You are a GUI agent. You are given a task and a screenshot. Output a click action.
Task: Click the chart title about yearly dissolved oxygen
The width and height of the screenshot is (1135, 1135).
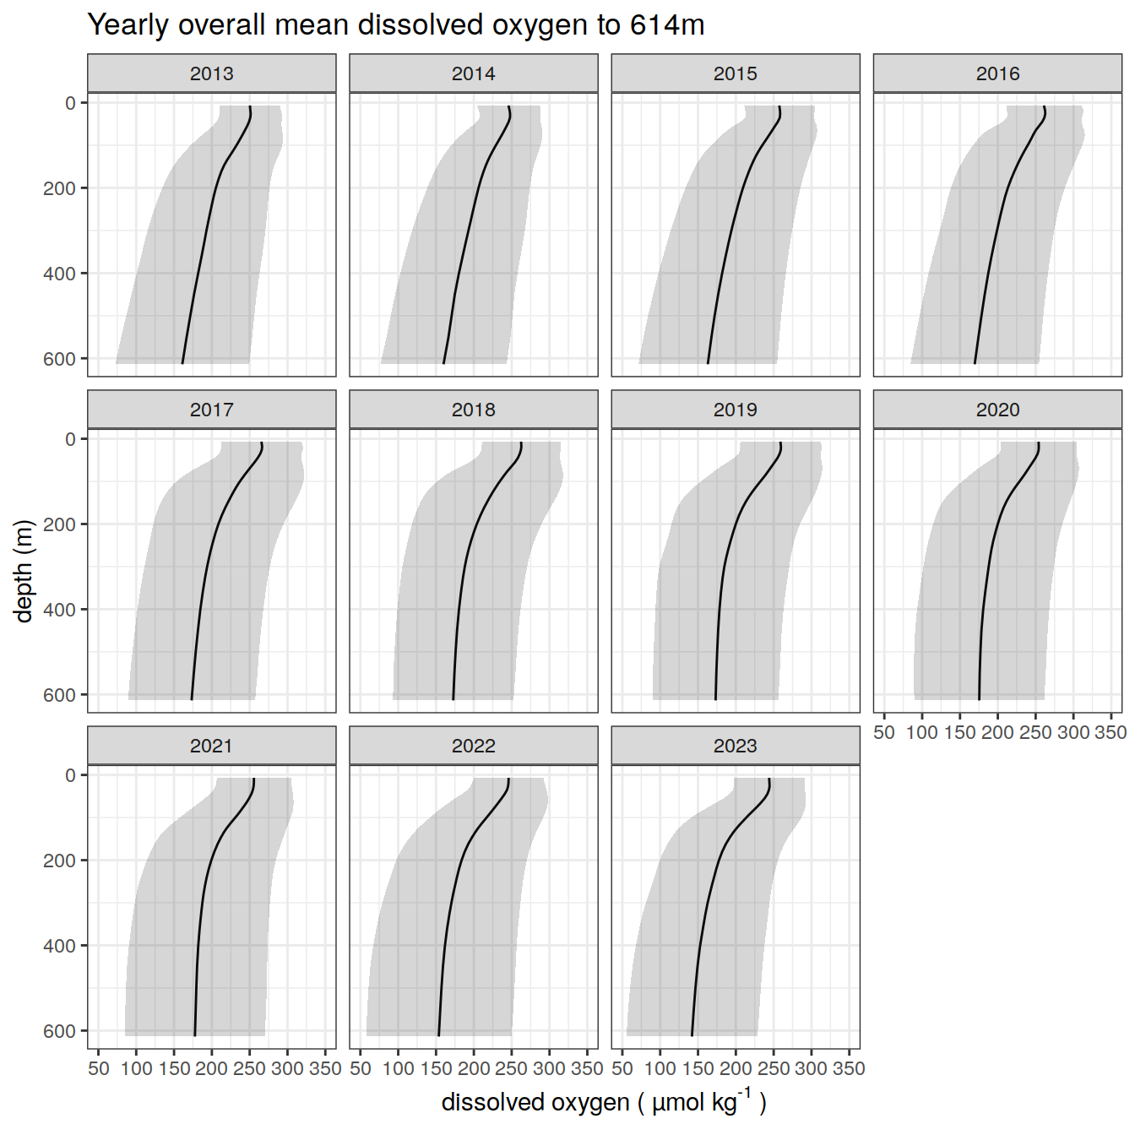395,25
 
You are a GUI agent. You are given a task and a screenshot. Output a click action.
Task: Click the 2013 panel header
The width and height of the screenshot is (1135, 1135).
211,73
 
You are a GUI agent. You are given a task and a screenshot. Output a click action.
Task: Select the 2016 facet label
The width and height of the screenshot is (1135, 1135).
997,73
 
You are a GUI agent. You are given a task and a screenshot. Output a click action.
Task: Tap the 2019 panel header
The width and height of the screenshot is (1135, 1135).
735,410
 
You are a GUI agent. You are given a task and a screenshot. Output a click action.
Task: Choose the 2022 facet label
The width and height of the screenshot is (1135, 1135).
473,746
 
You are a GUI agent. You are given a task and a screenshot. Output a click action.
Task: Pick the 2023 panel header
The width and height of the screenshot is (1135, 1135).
735,746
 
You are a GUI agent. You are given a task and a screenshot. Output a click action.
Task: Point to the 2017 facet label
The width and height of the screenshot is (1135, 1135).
211,410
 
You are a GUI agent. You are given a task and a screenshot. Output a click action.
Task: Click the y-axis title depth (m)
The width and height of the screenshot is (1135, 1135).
24,571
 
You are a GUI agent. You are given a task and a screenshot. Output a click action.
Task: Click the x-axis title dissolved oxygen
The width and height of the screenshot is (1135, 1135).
603,1102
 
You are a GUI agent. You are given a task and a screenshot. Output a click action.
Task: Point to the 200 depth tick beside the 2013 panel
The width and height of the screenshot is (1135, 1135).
59,188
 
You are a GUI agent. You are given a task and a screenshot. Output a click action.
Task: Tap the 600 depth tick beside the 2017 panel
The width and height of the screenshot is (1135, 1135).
59,695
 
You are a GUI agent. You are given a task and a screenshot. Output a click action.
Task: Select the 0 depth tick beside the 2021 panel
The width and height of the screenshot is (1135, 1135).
70,775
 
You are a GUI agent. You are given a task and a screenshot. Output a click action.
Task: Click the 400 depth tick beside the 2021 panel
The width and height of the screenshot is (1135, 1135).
59,946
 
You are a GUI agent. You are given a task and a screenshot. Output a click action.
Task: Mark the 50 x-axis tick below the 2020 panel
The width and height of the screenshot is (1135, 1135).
884,732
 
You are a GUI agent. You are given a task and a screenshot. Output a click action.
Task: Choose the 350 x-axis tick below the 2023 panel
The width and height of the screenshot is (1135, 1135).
849,1068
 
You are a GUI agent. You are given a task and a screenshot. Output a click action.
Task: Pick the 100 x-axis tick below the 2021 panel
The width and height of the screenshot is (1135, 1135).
136,1068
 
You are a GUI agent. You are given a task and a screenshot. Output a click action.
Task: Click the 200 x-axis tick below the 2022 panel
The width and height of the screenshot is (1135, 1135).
473,1068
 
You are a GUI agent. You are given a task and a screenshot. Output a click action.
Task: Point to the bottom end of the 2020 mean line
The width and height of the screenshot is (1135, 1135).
980,699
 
